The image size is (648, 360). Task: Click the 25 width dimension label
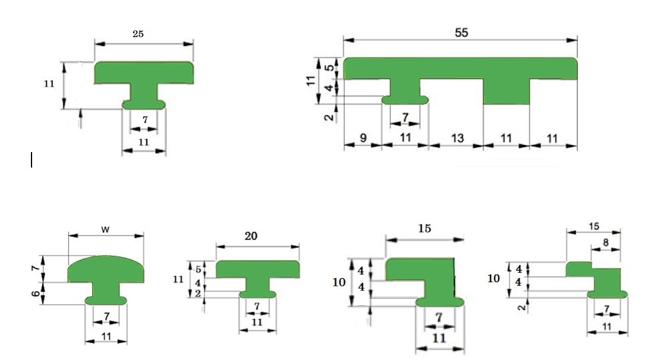[138, 34]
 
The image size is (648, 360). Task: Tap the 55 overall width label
[461, 33]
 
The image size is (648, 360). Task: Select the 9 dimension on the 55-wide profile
[363, 138]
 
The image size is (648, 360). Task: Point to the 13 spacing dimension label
[457, 138]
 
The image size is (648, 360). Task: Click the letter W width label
[105, 229]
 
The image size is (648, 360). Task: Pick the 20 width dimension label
[251, 236]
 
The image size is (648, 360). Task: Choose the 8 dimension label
[605, 242]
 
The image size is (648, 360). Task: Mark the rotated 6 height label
[36, 293]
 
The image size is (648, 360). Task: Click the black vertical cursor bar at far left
[32, 160]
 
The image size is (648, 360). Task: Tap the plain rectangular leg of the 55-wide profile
[507, 91]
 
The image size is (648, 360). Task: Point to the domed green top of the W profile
[106, 269]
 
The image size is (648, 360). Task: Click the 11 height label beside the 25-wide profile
[49, 84]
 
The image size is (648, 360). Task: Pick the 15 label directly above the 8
[594, 226]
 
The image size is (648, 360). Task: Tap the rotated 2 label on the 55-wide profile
[329, 117]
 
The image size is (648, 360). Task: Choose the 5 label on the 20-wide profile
[198, 269]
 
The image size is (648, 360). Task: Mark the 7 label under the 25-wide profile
[145, 120]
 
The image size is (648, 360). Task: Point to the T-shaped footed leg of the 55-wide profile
[405, 91]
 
